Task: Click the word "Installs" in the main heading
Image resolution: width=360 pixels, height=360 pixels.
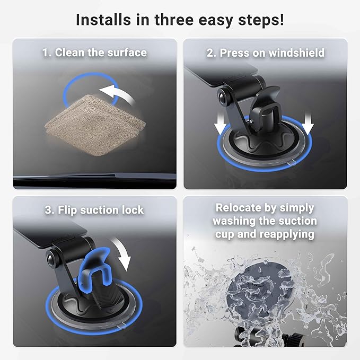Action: pyautogui.click(x=104, y=20)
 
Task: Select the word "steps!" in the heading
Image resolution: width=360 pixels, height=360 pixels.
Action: pyautogui.click(x=261, y=21)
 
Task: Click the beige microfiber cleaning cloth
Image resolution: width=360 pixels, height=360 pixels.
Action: pyautogui.click(x=95, y=125)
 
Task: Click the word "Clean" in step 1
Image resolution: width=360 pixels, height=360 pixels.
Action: pyautogui.click(x=69, y=52)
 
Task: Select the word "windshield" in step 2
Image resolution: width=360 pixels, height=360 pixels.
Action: pyautogui.click(x=296, y=53)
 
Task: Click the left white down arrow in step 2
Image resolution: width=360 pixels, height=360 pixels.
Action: pyautogui.click(x=220, y=122)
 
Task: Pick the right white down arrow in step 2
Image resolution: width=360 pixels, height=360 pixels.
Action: pyautogui.click(x=308, y=123)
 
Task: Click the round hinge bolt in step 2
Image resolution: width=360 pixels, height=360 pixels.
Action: pyautogui.click(x=223, y=97)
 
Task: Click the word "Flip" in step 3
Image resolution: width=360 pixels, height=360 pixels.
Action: pyautogui.click(x=67, y=210)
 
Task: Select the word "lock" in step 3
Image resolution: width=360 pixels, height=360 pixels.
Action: pyautogui.click(x=133, y=210)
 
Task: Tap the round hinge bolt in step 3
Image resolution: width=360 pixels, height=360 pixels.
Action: pyautogui.click(x=51, y=259)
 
